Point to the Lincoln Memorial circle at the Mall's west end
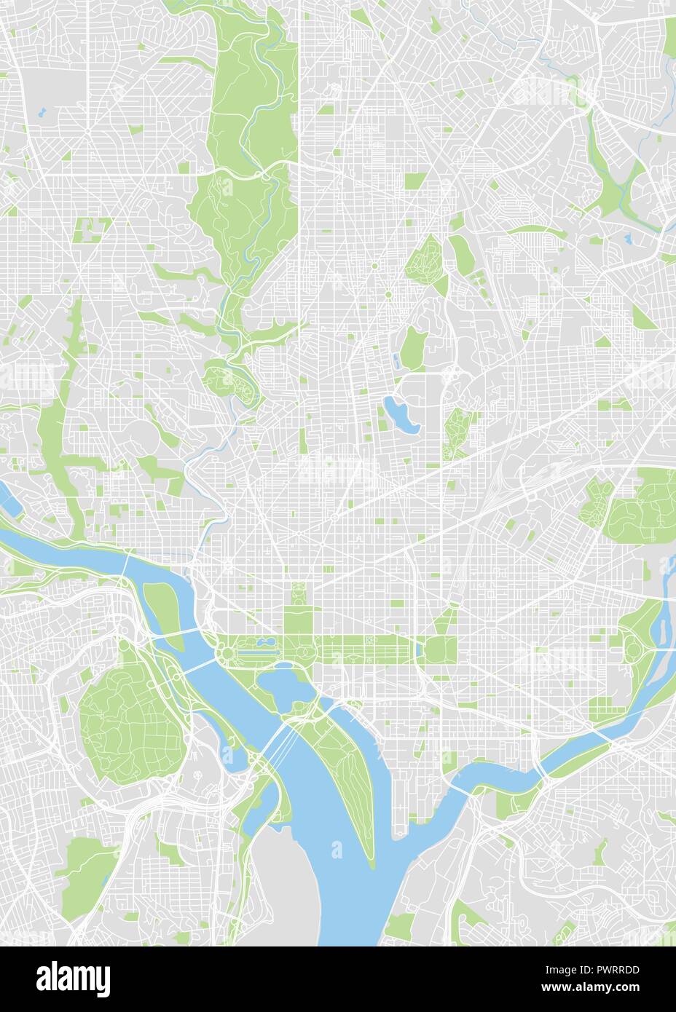[x=226, y=652]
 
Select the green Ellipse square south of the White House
[x=297, y=620]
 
